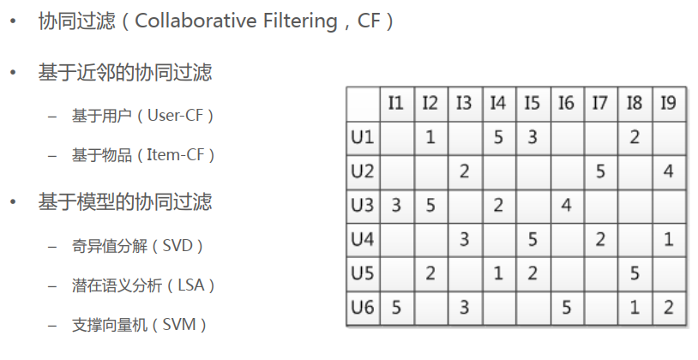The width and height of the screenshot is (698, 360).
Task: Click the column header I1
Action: (x=395, y=104)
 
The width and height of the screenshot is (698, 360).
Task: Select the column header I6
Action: (x=566, y=104)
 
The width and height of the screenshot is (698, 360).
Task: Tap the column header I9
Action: (x=668, y=104)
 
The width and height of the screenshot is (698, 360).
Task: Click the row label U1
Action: (x=362, y=136)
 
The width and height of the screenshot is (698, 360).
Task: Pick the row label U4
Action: (x=362, y=239)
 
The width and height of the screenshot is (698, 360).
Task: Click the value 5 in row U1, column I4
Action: (x=498, y=136)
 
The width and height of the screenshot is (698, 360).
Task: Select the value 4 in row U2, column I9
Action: (x=668, y=171)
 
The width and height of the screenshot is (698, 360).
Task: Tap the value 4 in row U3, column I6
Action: (x=566, y=205)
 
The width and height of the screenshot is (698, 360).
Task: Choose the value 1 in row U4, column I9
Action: (x=668, y=239)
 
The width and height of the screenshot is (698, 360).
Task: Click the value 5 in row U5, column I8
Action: (x=635, y=273)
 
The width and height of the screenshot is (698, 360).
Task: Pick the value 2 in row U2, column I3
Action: (x=464, y=171)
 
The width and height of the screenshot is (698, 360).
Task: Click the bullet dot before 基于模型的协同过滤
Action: (x=12, y=202)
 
